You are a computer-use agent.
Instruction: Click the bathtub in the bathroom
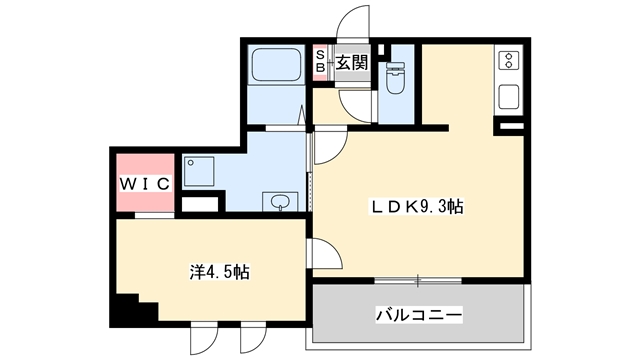275,68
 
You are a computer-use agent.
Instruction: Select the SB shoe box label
322,63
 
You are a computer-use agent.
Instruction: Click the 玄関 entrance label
350,63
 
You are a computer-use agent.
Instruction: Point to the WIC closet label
146,184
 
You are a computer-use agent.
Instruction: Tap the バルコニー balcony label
418,314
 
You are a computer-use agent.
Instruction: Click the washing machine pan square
201,172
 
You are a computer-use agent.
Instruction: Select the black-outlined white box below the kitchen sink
510,127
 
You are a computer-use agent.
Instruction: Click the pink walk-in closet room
146,180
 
